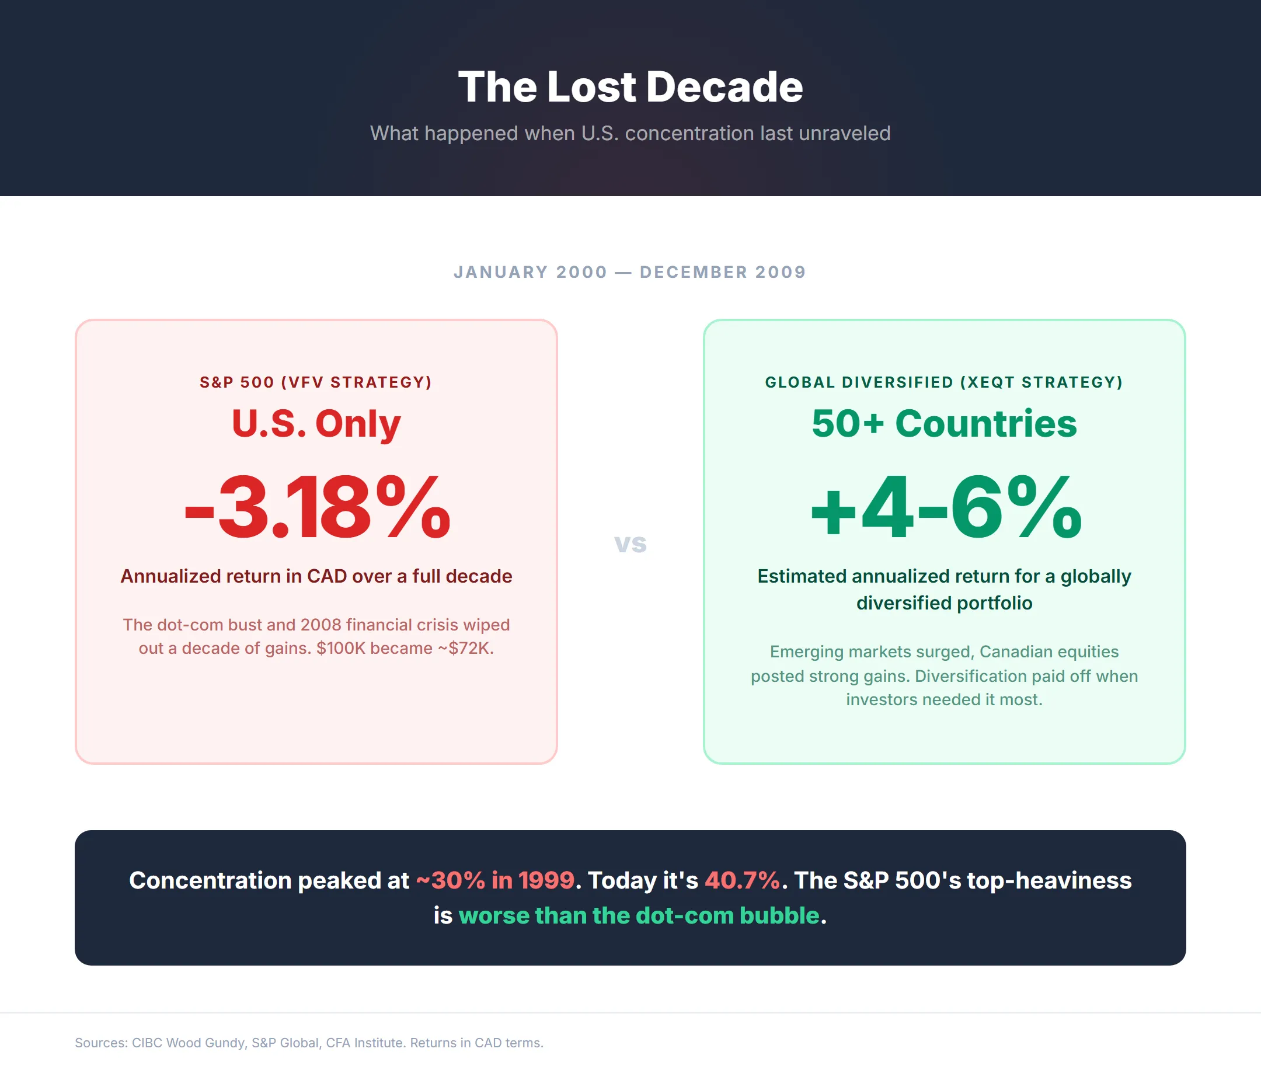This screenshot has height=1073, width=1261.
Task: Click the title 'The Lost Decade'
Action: (x=630, y=87)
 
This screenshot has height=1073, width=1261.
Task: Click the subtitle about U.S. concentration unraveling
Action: (x=630, y=133)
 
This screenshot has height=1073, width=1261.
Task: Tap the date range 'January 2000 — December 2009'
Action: (x=630, y=272)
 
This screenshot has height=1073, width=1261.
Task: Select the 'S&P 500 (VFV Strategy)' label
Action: (x=316, y=382)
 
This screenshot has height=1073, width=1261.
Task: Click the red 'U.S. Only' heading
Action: (x=316, y=423)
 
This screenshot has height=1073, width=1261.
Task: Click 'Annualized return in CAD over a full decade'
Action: (x=316, y=576)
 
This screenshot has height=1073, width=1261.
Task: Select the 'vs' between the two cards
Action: (x=630, y=543)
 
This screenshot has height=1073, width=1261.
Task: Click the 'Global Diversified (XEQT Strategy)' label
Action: (x=944, y=382)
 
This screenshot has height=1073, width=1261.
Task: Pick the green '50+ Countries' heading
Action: (x=944, y=423)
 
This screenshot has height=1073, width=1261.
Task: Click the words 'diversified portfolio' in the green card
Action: (x=944, y=603)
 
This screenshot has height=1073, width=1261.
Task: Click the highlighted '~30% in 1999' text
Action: (x=495, y=880)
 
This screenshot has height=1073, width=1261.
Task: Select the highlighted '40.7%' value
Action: (x=742, y=880)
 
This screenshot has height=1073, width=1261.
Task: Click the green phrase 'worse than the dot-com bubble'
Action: (x=639, y=915)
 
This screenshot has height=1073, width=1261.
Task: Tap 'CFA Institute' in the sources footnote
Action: (x=365, y=1043)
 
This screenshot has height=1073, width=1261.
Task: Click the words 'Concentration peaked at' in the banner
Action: (x=269, y=880)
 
